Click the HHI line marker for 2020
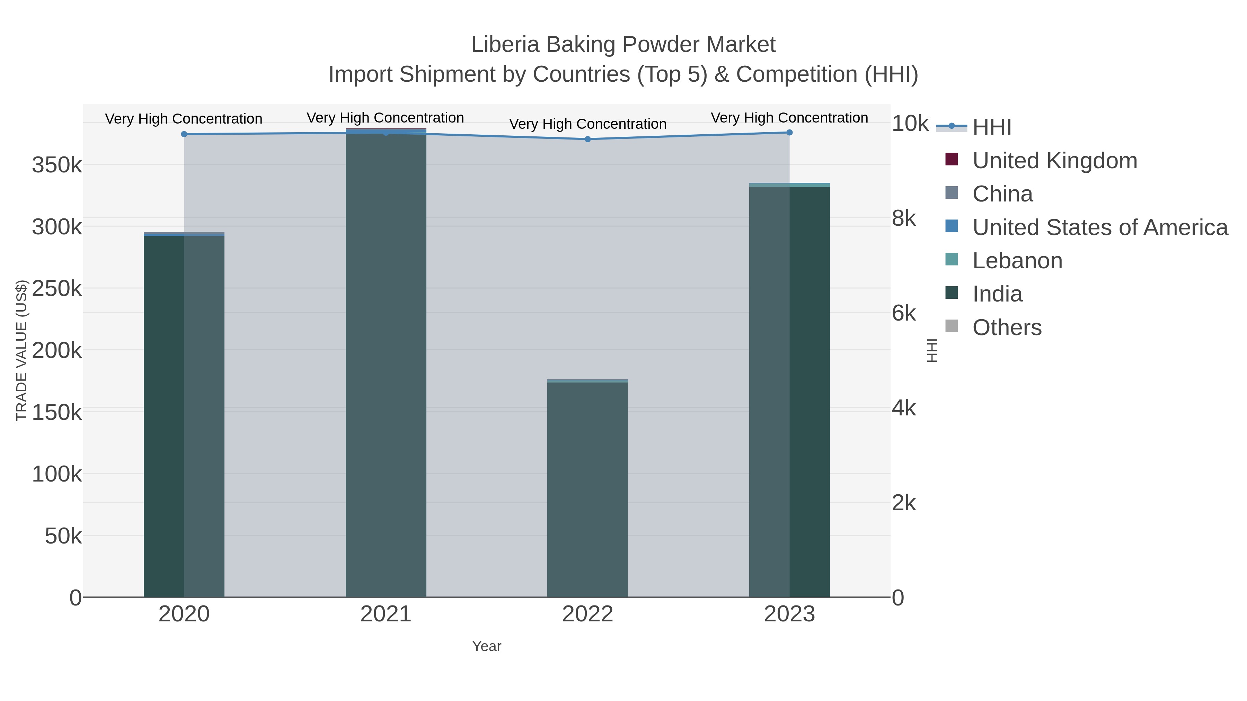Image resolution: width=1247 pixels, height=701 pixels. click(x=184, y=134)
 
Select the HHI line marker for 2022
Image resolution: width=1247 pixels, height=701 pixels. click(x=588, y=139)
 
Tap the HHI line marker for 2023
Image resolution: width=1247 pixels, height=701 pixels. click(x=789, y=132)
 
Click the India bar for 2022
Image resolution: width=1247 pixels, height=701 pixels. click(x=588, y=488)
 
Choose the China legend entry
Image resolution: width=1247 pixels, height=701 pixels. click(x=1002, y=194)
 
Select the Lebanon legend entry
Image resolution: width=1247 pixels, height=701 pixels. click(x=1017, y=261)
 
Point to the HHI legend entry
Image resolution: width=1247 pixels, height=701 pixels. click(x=991, y=127)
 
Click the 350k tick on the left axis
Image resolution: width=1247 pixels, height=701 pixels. click(x=57, y=165)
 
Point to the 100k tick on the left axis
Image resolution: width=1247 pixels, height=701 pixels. click(x=57, y=474)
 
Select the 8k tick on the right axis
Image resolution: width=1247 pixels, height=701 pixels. click(x=904, y=218)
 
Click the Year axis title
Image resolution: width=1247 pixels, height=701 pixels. click(x=487, y=646)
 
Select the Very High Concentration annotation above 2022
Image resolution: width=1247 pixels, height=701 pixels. click(x=588, y=124)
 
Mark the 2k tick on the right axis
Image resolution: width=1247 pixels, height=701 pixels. click(x=904, y=503)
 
